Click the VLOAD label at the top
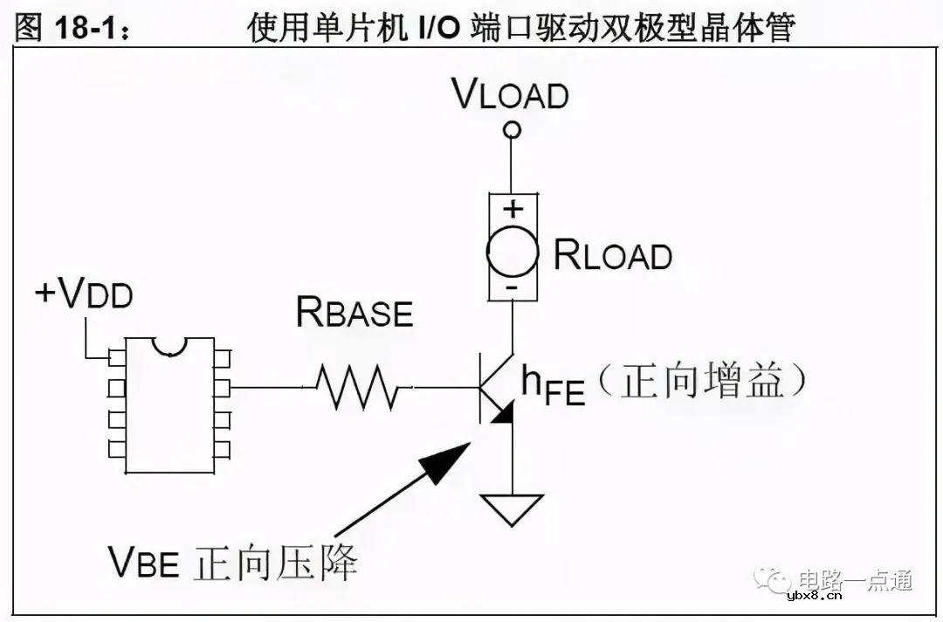pyautogui.click(x=511, y=93)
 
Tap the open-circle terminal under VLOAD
pyautogui.click(x=513, y=130)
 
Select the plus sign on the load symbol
pyautogui.click(x=513, y=208)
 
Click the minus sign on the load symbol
pyautogui.click(x=513, y=287)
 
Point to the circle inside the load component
pyautogui.click(x=513, y=252)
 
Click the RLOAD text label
pyautogui.click(x=613, y=255)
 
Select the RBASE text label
pyautogui.click(x=354, y=311)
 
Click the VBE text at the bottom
pyautogui.click(x=144, y=562)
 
